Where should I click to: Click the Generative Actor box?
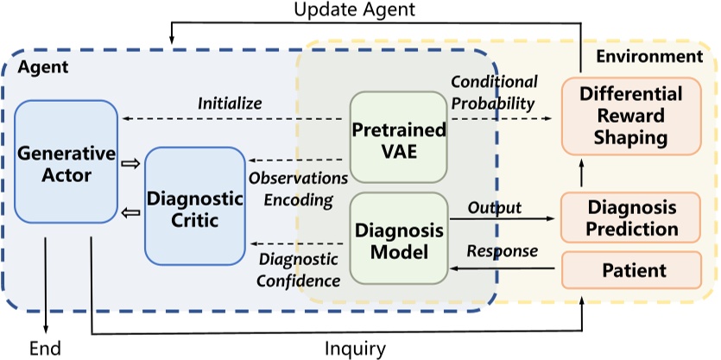(x=60, y=162)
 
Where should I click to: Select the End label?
(x=45, y=347)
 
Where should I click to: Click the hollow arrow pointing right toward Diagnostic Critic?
(x=130, y=160)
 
